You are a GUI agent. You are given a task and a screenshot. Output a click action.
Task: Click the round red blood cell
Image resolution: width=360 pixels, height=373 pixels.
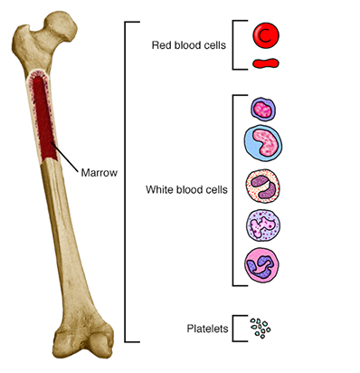[x=265, y=35]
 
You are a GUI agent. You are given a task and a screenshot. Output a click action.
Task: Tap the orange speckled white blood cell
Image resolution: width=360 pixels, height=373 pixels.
[x=263, y=187]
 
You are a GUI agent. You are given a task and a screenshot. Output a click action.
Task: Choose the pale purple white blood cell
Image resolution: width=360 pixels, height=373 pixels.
[x=263, y=225]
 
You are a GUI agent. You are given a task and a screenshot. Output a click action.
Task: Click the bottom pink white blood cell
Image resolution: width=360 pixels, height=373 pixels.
[x=263, y=265]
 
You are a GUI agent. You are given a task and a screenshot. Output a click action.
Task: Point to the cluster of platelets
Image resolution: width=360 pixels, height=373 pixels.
[x=261, y=329]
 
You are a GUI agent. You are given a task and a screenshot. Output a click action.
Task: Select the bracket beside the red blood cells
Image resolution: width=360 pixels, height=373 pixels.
[x=235, y=43]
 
